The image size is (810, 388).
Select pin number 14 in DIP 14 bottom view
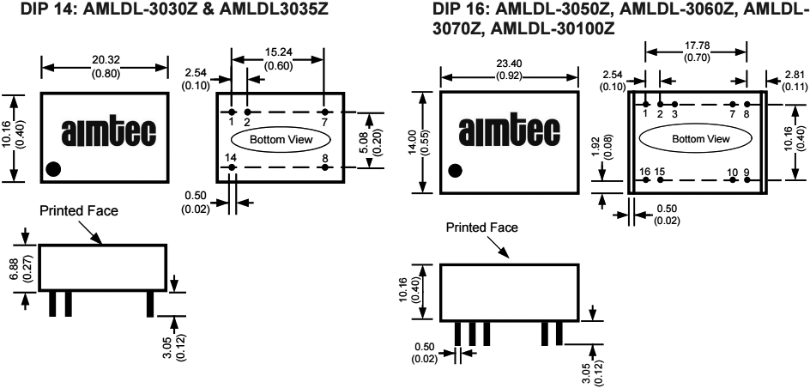pyautogui.click(x=230, y=158)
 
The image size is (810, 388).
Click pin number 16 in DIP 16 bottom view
pyautogui.click(x=644, y=172)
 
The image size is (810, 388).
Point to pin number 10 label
pyautogui.click(x=732, y=172)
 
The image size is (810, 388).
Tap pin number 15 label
pyautogui.click(x=660, y=172)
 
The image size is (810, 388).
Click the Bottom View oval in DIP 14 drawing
pyautogui.click(x=277, y=139)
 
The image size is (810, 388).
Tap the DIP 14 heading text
pyautogui.click(x=154, y=9)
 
